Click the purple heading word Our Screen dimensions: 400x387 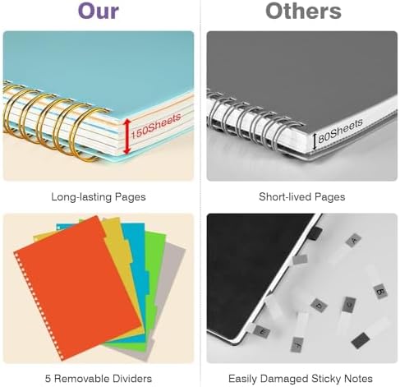[x=99, y=12]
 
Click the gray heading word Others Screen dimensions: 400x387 [x=303, y=12]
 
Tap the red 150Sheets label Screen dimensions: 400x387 [x=156, y=126]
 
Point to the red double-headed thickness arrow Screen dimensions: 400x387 [x=126, y=136]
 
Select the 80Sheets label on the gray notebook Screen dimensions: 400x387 [x=340, y=131]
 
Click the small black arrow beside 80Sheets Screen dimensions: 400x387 [x=315, y=141]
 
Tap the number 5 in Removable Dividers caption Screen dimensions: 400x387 [x=48, y=379]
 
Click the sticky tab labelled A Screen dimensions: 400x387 [x=354, y=240]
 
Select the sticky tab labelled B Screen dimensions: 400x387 [x=380, y=291]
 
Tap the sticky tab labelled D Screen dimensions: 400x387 [x=319, y=305]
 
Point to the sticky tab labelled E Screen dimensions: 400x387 [x=262, y=331]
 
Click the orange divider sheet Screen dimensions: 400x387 [x=76, y=288]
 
